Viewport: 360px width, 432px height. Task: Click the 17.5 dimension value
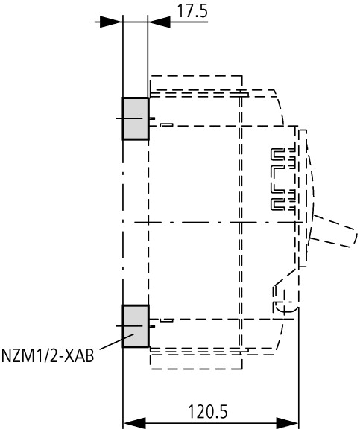click(x=192, y=11)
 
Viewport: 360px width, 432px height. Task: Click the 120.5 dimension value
click(x=208, y=412)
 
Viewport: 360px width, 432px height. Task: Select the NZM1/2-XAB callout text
click(x=48, y=355)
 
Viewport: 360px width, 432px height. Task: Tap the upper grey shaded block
click(x=136, y=118)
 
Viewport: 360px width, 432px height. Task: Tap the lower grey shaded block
click(x=136, y=326)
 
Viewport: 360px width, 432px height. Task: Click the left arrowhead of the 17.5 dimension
click(x=111, y=22)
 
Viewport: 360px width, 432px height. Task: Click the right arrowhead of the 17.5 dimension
click(x=159, y=22)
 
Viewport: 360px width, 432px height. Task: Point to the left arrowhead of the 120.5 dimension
click(x=134, y=422)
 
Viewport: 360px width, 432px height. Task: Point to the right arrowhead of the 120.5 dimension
click(x=287, y=422)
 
